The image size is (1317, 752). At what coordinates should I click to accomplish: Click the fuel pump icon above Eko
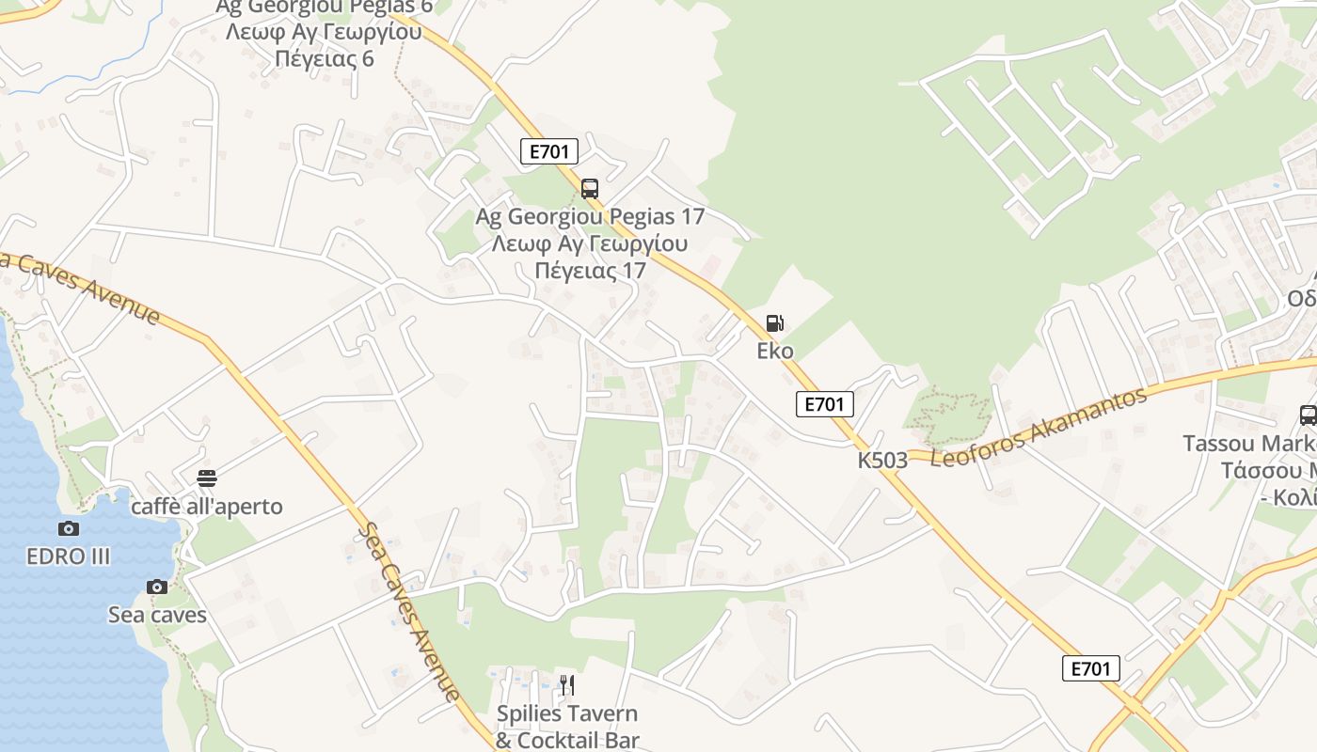(774, 323)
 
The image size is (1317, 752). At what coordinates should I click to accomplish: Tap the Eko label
(775, 352)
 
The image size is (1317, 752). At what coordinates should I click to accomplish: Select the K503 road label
(882, 461)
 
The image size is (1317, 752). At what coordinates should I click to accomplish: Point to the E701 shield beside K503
(824, 404)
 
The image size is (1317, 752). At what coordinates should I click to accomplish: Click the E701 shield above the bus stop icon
(548, 151)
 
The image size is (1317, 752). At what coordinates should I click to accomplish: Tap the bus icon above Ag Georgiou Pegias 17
(590, 189)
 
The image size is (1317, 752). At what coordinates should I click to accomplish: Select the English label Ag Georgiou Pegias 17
(590, 216)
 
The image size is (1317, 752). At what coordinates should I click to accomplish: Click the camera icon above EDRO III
(69, 529)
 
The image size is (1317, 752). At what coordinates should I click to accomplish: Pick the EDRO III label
(69, 556)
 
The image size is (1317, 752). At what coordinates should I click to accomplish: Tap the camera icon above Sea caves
(157, 587)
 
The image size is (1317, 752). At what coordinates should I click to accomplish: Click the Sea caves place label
(157, 616)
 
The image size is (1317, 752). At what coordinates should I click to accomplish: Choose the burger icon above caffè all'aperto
(207, 478)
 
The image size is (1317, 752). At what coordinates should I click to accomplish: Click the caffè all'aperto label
(207, 507)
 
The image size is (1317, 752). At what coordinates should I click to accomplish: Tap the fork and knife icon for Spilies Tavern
(566, 684)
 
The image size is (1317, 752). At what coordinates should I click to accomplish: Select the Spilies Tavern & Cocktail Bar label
(567, 727)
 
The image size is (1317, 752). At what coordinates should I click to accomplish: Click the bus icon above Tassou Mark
(1308, 415)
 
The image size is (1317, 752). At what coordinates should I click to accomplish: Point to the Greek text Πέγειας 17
(590, 271)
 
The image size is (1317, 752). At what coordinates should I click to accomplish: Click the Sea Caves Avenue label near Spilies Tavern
(410, 611)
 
